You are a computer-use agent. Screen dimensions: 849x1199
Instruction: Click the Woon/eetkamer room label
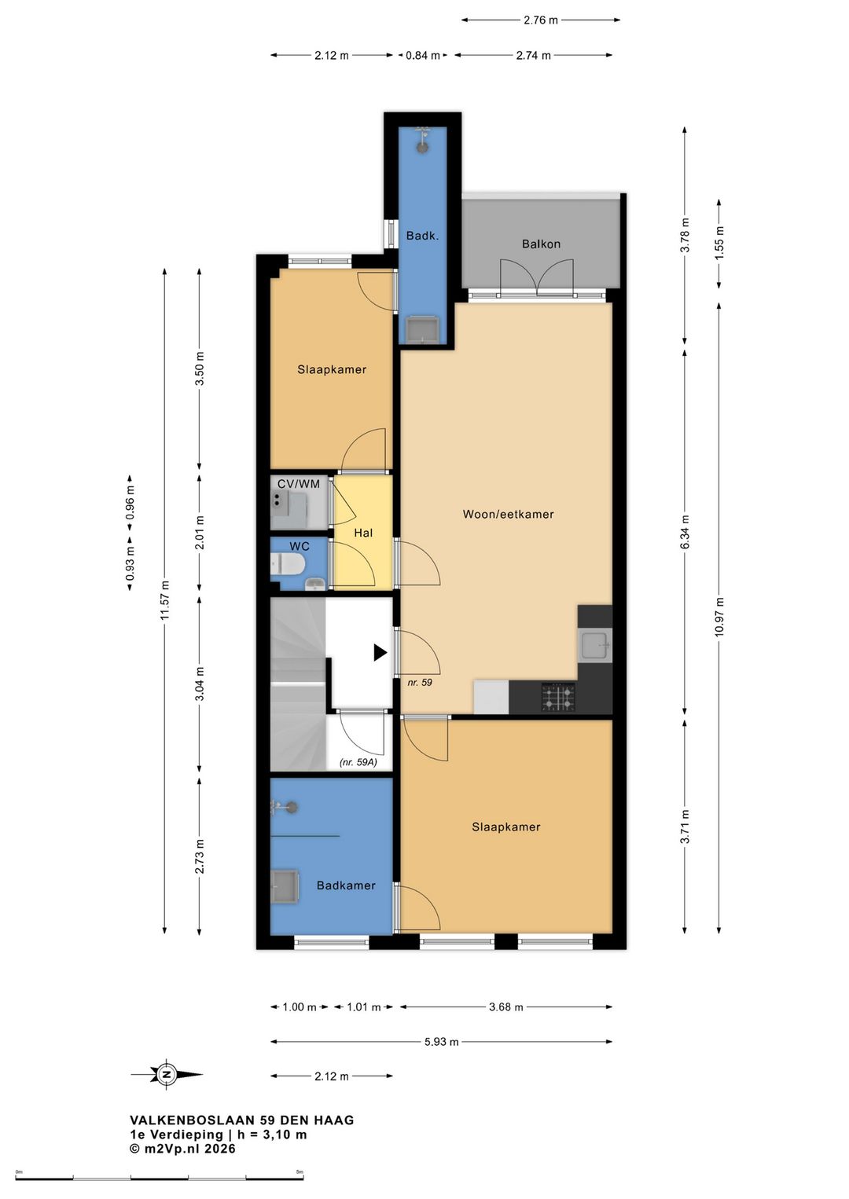click(508, 515)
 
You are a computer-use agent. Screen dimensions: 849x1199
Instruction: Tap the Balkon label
click(541, 244)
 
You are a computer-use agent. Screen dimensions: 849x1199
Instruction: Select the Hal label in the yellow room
click(363, 533)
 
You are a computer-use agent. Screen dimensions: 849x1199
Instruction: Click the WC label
click(299, 547)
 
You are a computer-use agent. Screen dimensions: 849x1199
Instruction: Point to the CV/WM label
click(299, 484)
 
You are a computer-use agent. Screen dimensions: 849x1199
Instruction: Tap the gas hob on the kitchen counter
click(557, 697)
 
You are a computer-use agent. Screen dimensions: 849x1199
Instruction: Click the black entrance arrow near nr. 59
click(380, 652)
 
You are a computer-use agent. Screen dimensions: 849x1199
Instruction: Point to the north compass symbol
click(167, 1074)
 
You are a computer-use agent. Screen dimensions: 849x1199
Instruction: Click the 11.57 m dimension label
click(165, 600)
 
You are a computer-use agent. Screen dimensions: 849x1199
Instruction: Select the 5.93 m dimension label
click(441, 1042)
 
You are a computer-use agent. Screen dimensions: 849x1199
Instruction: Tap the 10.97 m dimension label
click(719, 617)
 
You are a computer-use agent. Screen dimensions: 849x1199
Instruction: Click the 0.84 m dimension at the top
click(423, 55)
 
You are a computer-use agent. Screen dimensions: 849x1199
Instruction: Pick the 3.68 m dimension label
click(505, 1007)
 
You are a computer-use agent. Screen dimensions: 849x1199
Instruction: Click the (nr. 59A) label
click(358, 762)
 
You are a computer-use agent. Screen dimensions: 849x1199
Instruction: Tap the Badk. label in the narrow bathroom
click(422, 236)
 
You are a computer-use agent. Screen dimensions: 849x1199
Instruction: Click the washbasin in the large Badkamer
click(285, 887)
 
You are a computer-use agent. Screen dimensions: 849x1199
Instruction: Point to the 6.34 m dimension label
click(685, 531)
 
